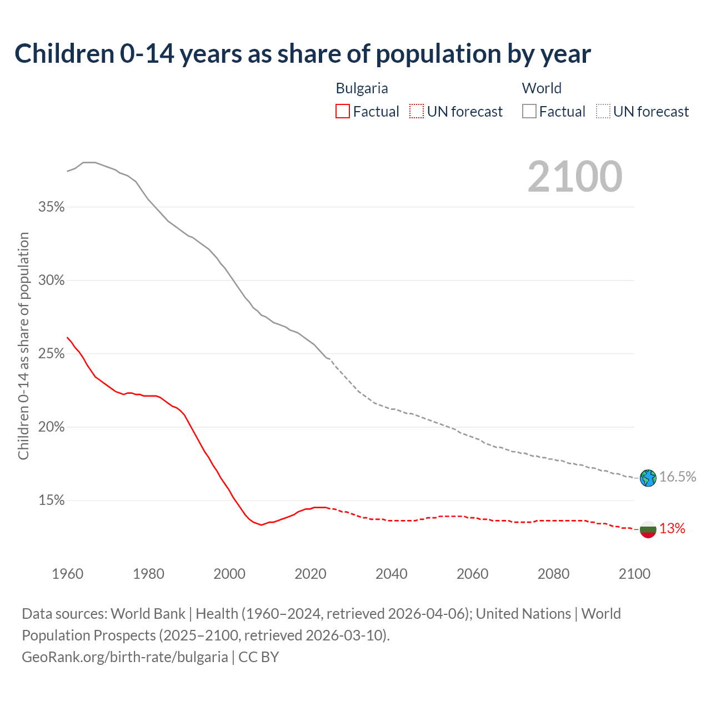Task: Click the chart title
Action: (303, 54)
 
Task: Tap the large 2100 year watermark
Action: (575, 177)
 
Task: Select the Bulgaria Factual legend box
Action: (343, 112)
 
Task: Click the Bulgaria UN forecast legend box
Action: (417, 112)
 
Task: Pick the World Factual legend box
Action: (529, 112)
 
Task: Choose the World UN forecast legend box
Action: (603, 112)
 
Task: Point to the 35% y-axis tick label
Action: (51, 207)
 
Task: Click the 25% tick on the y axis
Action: (51, 354)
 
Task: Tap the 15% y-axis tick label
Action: (51, 500)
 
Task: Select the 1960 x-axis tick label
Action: (68, 574)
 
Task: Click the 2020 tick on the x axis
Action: (311, 574)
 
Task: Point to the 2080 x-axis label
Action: (553, 574)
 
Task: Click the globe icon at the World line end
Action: (648, 478)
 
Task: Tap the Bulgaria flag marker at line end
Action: (648, 529)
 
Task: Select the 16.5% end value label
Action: (678, 477)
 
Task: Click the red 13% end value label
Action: (672, 529)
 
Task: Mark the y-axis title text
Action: (23, 346)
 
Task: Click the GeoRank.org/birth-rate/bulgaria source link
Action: (124, 657)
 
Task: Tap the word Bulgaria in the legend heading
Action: (362, 88)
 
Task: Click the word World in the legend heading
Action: (542, 88)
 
